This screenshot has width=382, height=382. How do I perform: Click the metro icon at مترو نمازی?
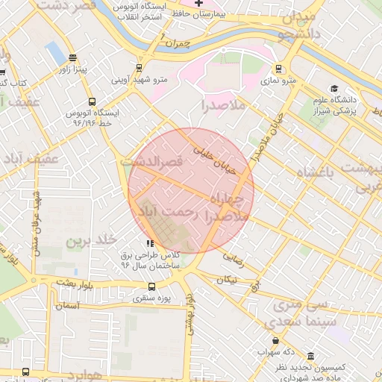coord(278,69)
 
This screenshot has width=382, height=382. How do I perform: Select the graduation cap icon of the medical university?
coord(334,89)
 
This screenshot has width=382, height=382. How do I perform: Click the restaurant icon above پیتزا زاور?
coord(72,57)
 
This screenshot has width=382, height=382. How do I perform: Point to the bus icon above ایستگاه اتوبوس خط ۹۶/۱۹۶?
coord(92,101)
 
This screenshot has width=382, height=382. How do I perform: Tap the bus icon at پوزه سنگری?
coord(152,286)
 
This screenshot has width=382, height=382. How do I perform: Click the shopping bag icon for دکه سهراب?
coord(276,340)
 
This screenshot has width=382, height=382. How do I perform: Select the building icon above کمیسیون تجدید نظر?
coord(310,357)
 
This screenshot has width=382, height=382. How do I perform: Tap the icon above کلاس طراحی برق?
coord(151,242)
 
